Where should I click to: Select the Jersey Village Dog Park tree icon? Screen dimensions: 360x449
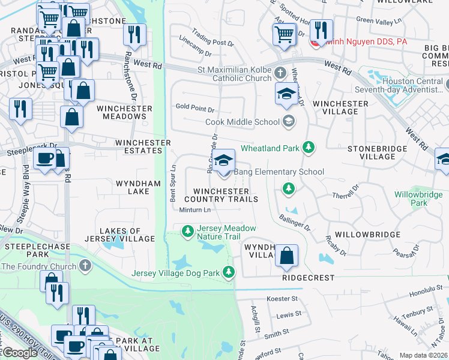[229, 273]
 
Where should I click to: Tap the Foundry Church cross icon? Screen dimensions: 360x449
[86, 266]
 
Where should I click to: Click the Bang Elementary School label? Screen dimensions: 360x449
[279, 172]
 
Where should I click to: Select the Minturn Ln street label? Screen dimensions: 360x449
[195, 210]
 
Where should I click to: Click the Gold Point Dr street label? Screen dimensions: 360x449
[194, 110]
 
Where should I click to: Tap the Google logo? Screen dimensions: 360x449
[20, 353]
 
